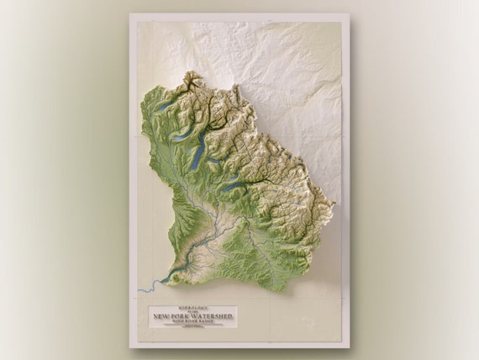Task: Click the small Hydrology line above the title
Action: tap(193, 309)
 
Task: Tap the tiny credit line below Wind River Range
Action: tap(193, 326)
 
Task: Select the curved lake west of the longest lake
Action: tap(182, 135)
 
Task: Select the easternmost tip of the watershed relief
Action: tap(334, 210)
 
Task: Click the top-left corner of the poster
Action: tap(129, 14)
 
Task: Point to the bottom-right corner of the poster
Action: tap(349, 347)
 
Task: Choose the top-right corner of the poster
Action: tap(349, 14)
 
